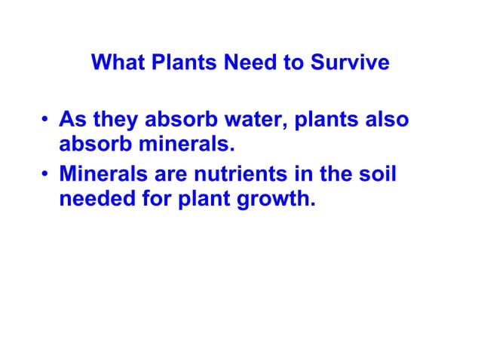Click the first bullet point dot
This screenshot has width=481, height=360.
point(46,121)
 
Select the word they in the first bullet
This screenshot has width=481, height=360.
point(113,121)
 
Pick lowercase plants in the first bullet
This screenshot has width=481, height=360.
point(328,121)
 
